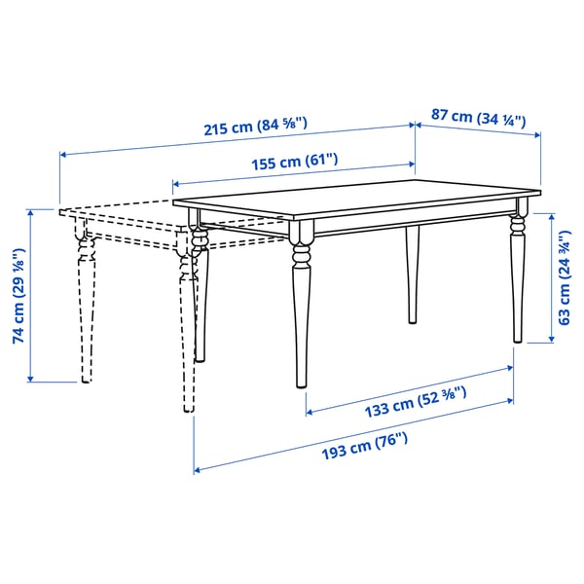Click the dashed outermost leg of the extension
coord(86,311)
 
